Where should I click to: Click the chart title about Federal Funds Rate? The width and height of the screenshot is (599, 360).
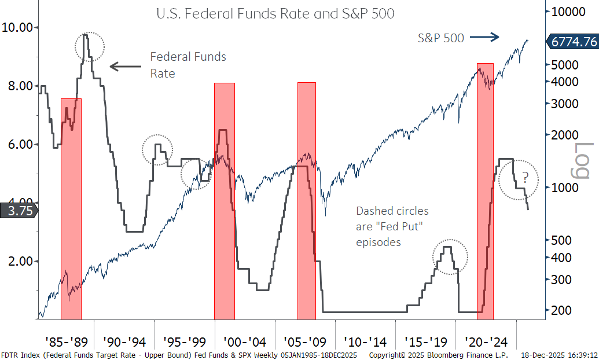(x=275, y=13)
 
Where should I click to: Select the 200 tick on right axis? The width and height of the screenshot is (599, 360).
(x=561, y=310)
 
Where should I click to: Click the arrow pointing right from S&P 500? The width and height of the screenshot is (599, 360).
(x=484, y=38)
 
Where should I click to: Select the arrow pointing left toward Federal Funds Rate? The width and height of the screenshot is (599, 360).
(x=125, y=66)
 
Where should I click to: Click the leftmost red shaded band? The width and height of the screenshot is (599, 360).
(x=71, y=208)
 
